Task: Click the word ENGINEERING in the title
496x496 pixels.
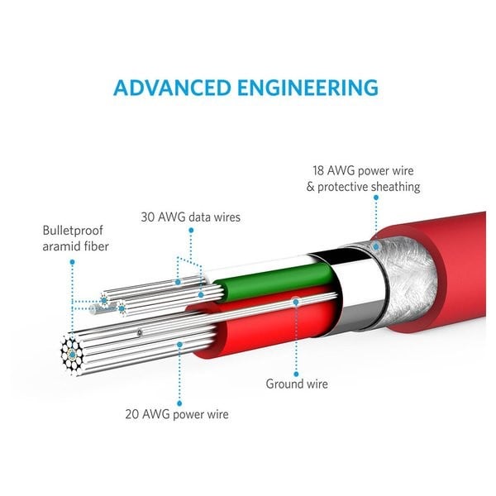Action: click(313, 88)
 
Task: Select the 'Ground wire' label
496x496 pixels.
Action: click(296, 384)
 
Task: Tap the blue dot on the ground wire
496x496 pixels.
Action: click(296, 303)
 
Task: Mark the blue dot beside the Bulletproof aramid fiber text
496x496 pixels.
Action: click(72, 261)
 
